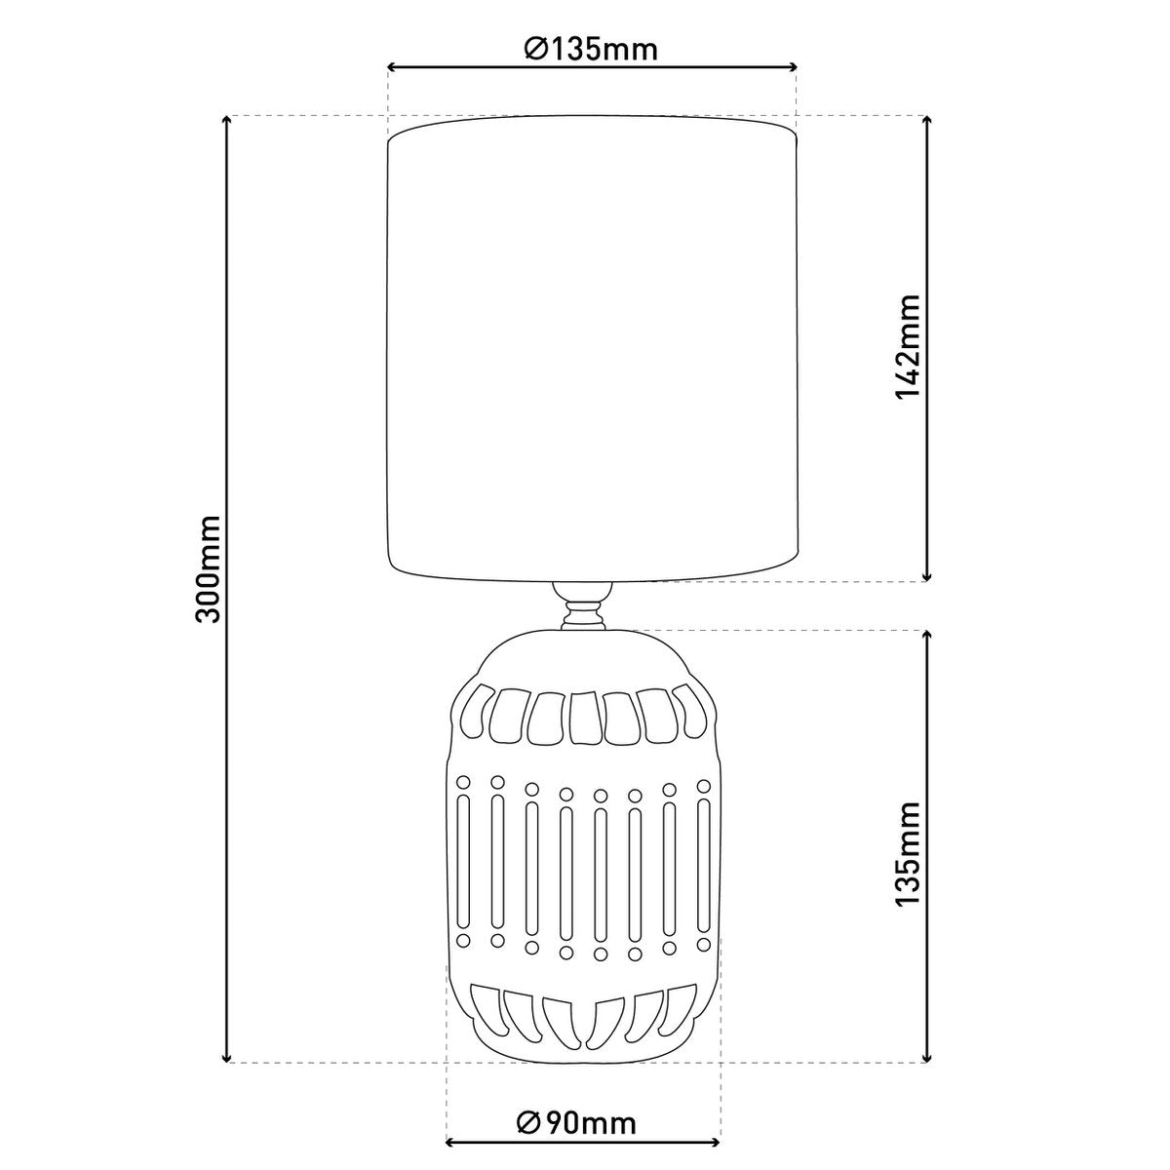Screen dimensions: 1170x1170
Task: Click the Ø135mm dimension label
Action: point(591,49)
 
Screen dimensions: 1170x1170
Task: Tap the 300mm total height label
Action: point(207,568)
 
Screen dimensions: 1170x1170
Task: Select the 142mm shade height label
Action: point(908,347)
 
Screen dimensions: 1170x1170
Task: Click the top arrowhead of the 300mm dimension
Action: point(227,122)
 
